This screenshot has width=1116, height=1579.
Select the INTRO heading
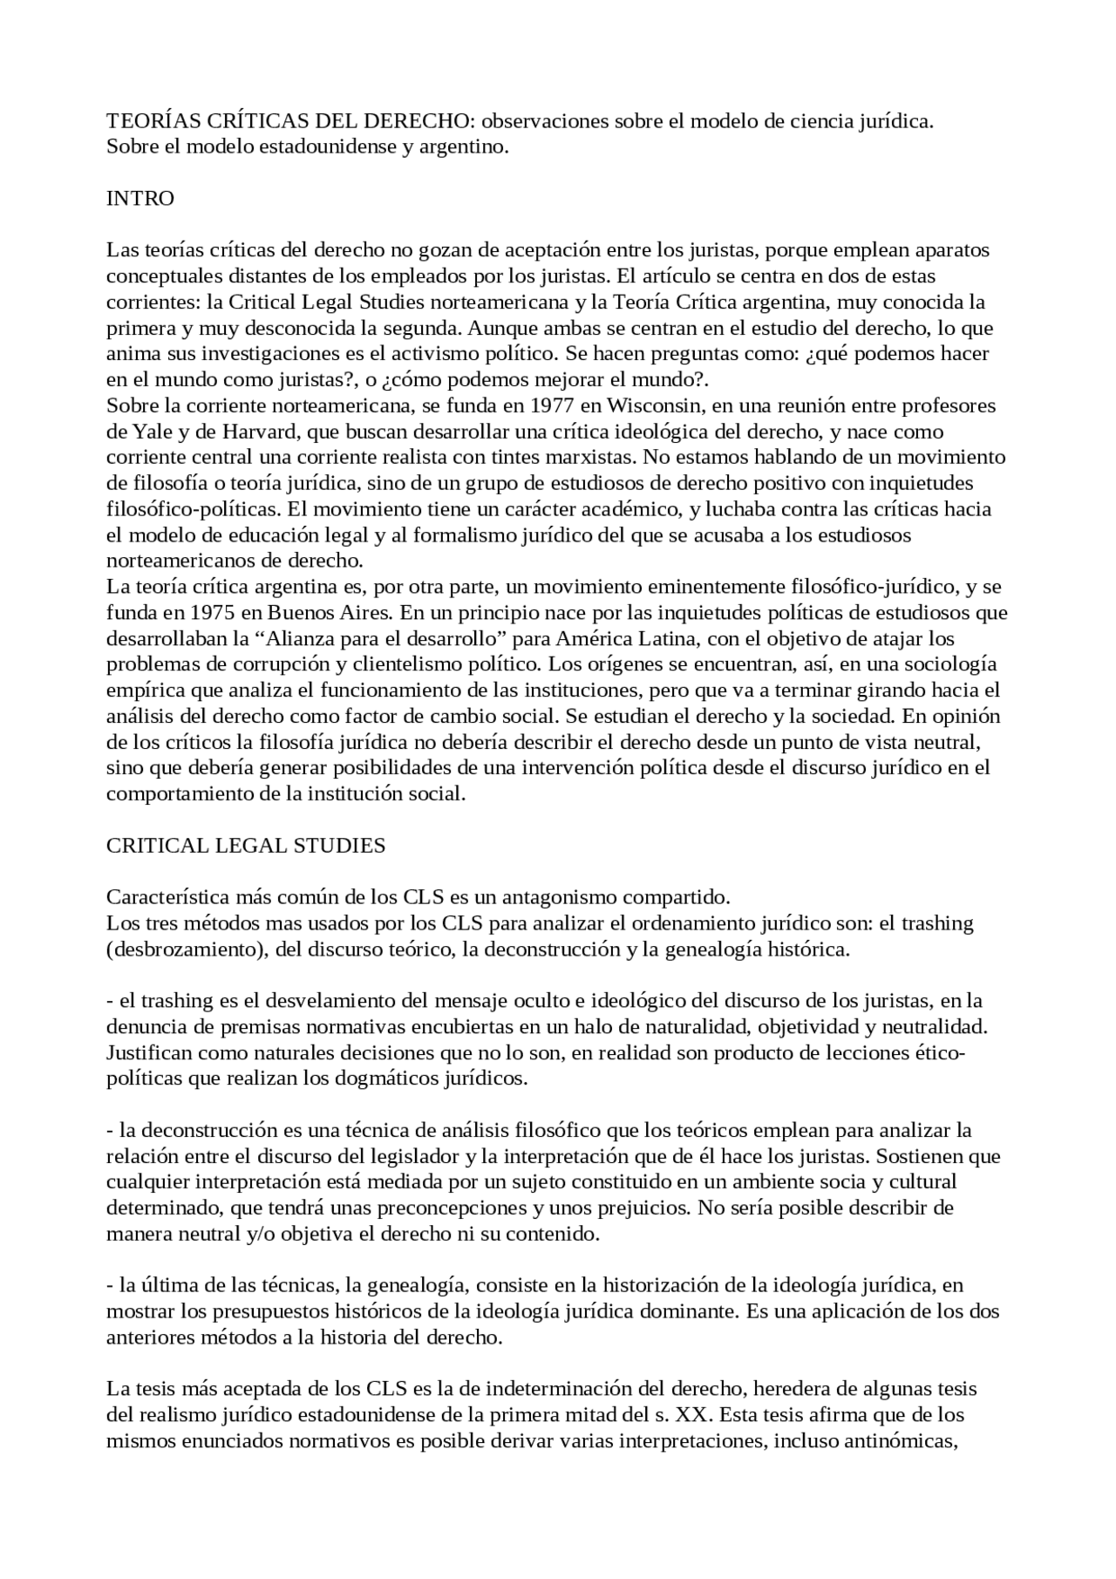[139, 198]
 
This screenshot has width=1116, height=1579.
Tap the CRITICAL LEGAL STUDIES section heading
[245, 845]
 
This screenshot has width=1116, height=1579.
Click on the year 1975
[209, 612]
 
